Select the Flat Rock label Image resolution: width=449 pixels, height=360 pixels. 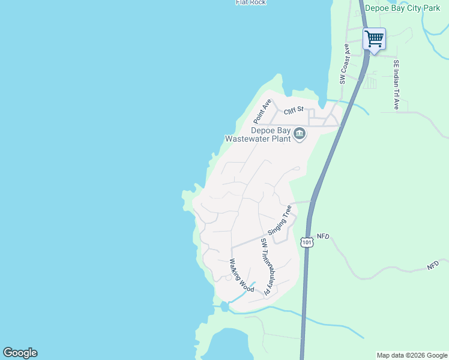[x=250, y=2]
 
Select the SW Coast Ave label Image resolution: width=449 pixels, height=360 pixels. [x=345, y=64]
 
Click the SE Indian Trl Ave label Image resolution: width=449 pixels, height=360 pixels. [x=396, y=85]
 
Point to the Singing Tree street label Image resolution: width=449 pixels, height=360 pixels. [x=280, y=219]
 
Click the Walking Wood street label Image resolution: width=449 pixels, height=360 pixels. [x=242, y=277]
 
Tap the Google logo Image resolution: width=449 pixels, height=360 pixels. [x=20, y=353]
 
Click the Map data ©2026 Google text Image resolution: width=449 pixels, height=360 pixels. [x=412, y=355]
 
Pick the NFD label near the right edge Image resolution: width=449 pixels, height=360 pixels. [x=433, y=265]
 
